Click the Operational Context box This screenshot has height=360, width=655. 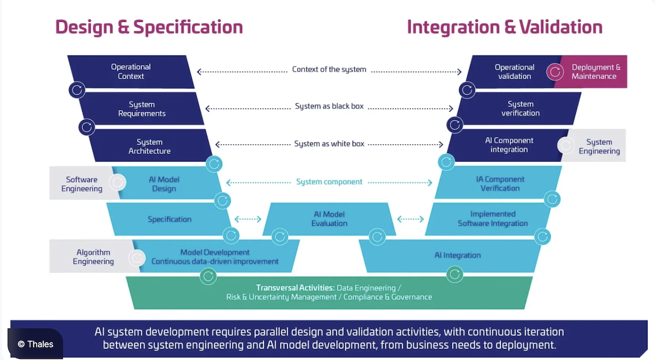pyautogui.click(x=131, y=71)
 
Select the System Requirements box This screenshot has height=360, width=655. pyautogui.click(x=142, y=109)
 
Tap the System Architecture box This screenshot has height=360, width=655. pyautogui.click(x=150, y=146)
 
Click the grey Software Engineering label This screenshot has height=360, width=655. pyautogui.click(x=81, y=184)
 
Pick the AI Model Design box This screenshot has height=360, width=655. pyautogui.click(x=164, y=184)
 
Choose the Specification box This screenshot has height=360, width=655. pyautogui.click(x=169, y=219)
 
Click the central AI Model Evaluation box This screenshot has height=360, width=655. pyautogui.click(x=329, y=219)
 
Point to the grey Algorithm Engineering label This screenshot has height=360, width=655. pyautogui.click(x=93, y=257)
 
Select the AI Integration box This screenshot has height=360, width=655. pyautogui.click(x=457, y=255)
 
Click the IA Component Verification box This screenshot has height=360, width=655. pyautogui.click(x=500, y=183)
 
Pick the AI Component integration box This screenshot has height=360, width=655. pyautogui.click(x=509, y=145)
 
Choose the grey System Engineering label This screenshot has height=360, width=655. pyautogui.click(x=599, y=146)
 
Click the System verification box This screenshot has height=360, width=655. pyautogui.click(x=520, y=109)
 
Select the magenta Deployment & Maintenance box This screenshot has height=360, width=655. pyautogui.click(x=596, y=71)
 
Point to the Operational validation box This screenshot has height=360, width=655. pyautogui.click(x=514, y=71)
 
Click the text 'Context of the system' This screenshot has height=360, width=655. pyautogui.click(x=329, y=69)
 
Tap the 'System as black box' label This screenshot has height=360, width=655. pyautogui.click(x=329, y=106)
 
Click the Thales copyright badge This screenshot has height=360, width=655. pyautogui.click(x=35, y=344)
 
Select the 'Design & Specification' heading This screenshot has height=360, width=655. pyautogui.click(x=149, y=27)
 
